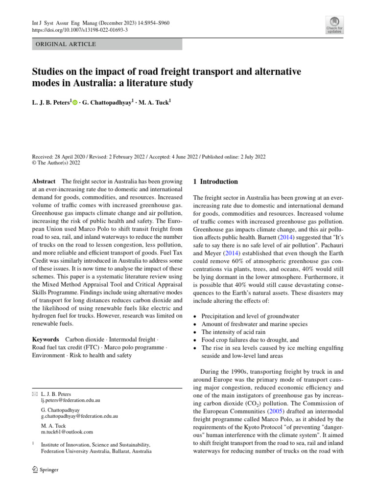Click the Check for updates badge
click(x=334, y=24)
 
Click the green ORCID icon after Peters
click(x=75, y=102)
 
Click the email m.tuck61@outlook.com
click(x=67, y=432)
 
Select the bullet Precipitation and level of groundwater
click(x=250, y=317)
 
